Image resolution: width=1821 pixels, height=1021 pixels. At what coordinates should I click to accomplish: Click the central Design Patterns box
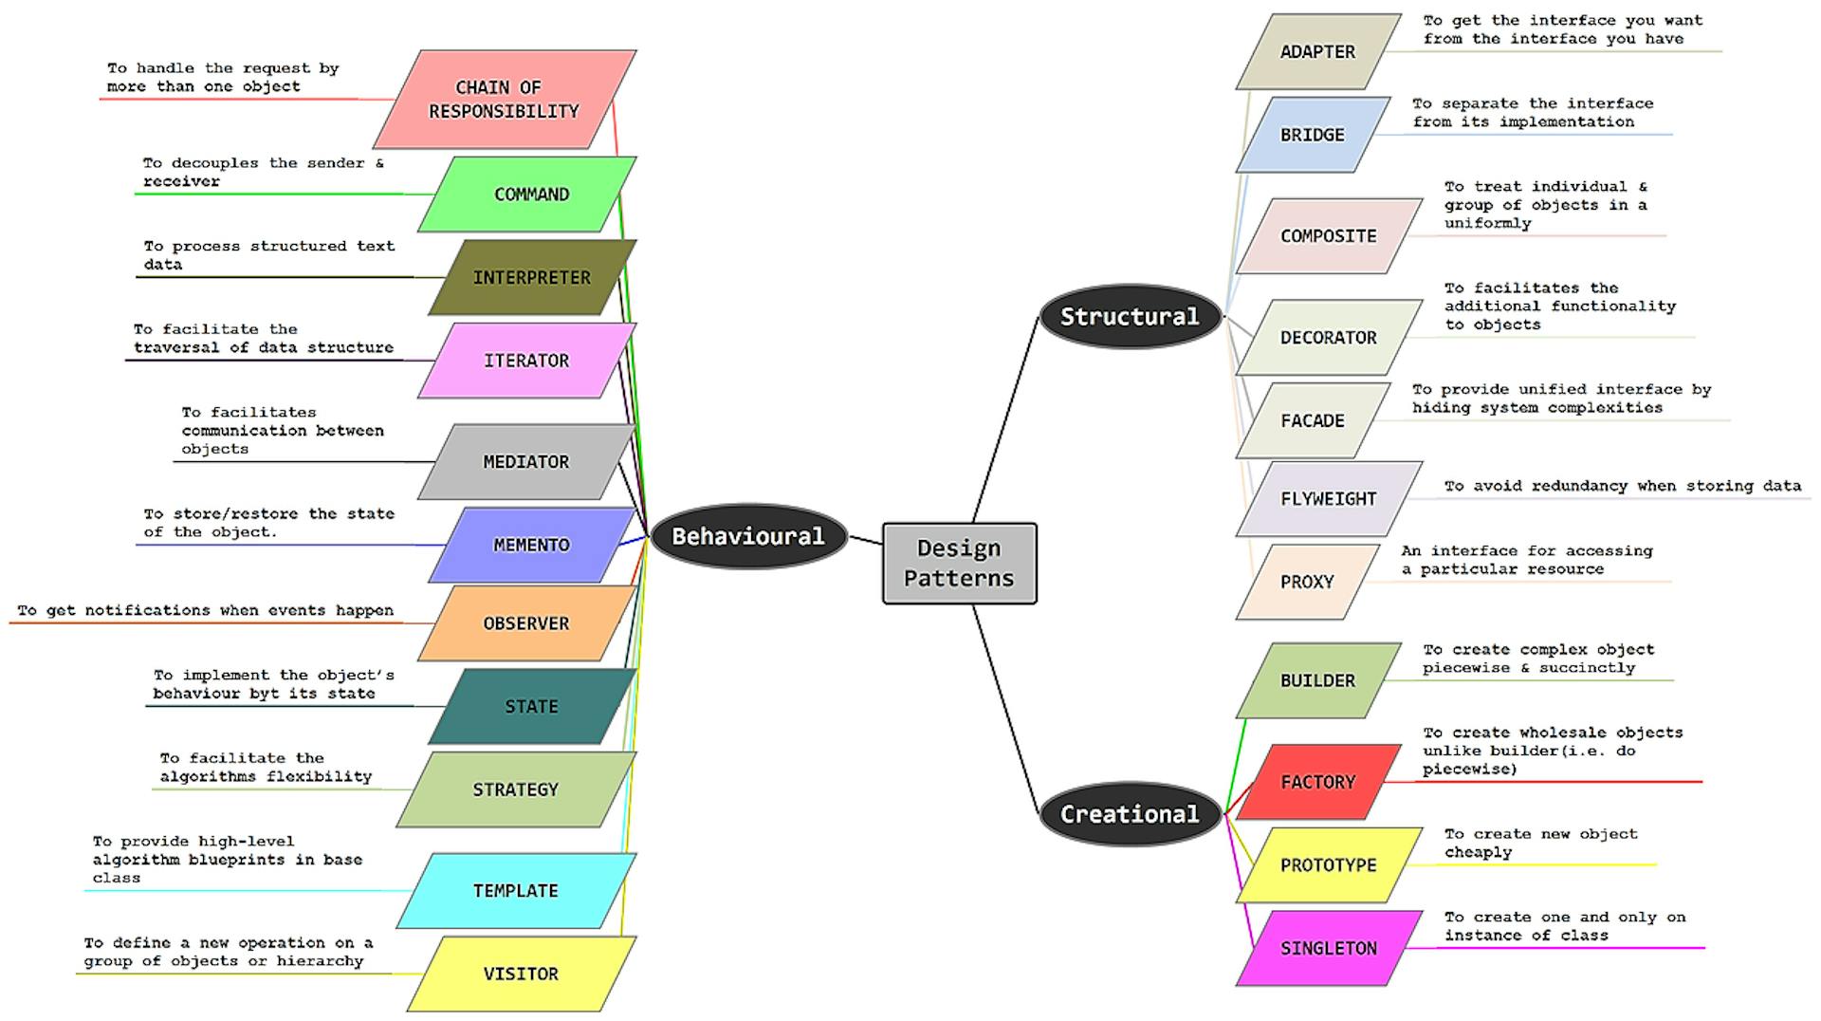(959, 563)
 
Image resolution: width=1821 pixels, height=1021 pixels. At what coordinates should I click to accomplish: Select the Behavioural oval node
(748, 536)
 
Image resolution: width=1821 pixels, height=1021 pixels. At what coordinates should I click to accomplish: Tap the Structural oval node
(1129, 316)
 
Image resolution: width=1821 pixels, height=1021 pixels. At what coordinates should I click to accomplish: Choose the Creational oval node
(1129, 813)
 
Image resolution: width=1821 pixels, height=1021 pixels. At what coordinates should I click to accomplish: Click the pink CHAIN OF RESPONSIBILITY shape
(504, 100)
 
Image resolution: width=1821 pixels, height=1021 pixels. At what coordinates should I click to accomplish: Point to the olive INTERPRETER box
(531, 277)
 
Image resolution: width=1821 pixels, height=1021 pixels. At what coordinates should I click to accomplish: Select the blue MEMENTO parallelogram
(531, 545)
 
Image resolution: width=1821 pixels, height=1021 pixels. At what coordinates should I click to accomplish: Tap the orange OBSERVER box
(526, 623)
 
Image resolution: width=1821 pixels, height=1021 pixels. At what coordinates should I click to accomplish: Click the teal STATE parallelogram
(531, 706)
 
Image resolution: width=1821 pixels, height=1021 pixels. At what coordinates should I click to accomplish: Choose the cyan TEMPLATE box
(515, 890)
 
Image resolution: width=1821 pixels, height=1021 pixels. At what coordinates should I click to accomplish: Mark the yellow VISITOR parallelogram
(521, 974)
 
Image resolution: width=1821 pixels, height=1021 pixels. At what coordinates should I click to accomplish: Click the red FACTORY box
(1317, 782)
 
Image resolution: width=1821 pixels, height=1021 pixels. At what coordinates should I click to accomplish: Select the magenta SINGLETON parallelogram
(1328, 948)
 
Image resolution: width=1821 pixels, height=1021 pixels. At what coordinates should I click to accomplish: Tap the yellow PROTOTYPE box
(1328, 864)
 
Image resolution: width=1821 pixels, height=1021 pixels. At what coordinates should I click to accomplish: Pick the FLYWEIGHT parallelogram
(1328, 498)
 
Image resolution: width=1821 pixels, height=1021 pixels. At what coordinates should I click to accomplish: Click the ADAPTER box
(1317, 51)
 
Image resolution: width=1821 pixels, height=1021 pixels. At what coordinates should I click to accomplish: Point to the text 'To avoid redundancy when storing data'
(1622, 486)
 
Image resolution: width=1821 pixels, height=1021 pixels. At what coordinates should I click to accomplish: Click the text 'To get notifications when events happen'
(205, 610)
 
